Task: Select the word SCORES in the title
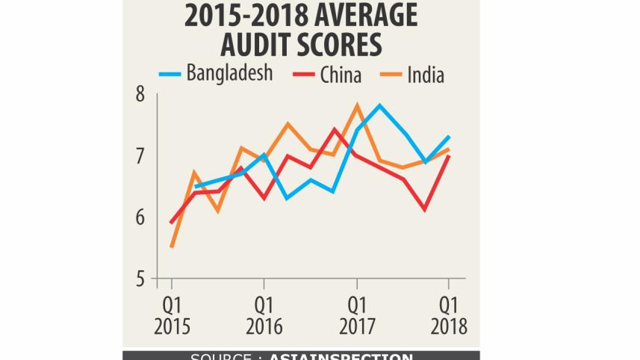[340, 45]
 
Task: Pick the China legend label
[341, 74]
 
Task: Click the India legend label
[426, 74]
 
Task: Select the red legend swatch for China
[304, 74]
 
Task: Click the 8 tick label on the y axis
[140, 95]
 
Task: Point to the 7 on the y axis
[140, 157]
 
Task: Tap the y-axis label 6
[140, 218]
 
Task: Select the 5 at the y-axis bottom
[140, 279]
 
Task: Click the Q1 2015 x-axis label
[171, 315]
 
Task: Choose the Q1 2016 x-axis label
[264, 315]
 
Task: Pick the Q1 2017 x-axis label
[356, 315]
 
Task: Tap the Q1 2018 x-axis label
[448, 315]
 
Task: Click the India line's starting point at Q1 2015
[172, 246]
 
